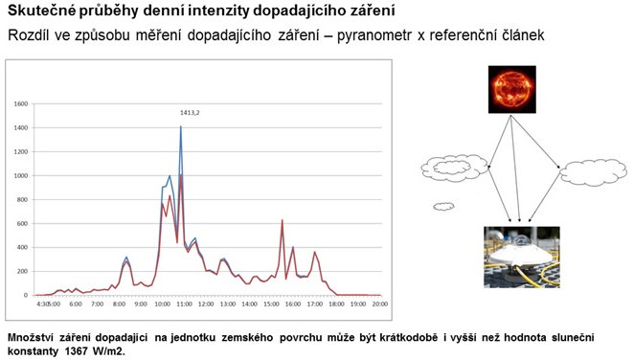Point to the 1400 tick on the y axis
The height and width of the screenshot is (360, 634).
20,127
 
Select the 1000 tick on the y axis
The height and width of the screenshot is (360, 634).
20,175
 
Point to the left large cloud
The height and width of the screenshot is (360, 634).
453,169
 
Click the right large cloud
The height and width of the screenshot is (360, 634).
592,172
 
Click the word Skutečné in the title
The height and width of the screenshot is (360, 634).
39,11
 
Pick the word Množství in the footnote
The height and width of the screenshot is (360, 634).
34,337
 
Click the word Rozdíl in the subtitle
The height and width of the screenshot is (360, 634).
28,35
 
